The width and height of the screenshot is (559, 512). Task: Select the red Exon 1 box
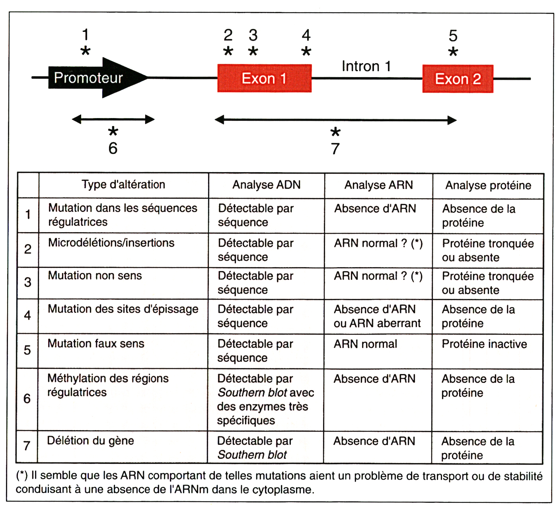[x=264, y=78]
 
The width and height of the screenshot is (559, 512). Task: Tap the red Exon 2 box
[x=458, y=79]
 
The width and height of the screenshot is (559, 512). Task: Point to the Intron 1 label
[x=366, y=66]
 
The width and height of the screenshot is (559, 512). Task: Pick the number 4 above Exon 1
[x=306, y=35]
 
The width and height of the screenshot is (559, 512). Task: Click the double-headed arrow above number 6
[x=113, y=119]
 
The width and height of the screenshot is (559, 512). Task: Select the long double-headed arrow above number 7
[x=335, y=120]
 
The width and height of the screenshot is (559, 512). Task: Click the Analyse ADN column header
[x=266, y=185]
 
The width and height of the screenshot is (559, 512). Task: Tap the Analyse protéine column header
[x=488, y=185]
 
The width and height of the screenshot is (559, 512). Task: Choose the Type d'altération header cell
[x=123, y=184]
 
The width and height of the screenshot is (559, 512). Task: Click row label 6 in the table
[x=27, y=399]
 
